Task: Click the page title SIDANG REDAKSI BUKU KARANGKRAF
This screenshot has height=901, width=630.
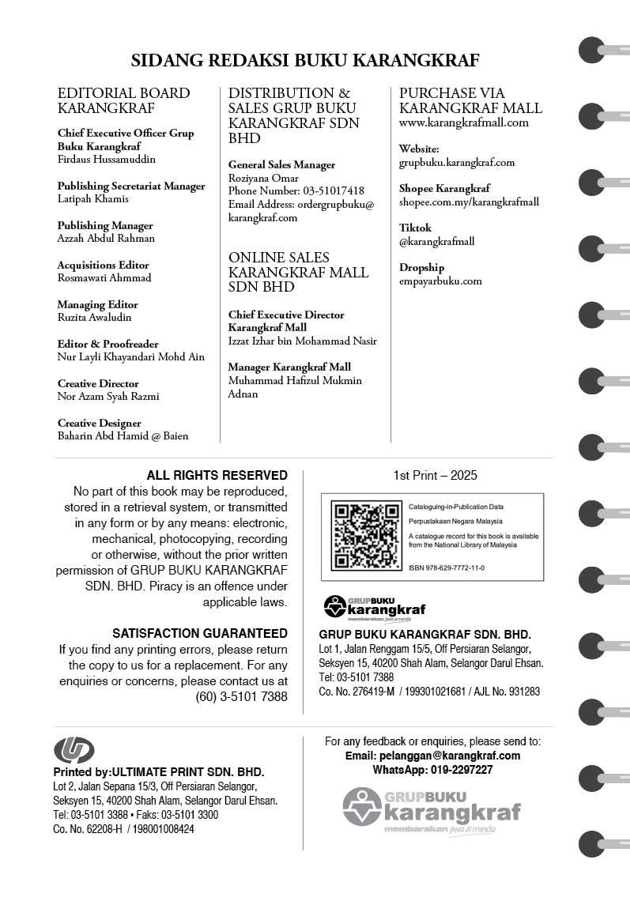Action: tap(304, 61)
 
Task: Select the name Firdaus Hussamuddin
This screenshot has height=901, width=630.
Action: tap(107, 159)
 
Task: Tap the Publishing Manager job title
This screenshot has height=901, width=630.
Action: tap(105, 225)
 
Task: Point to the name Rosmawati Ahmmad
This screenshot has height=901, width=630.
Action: tap(104, 277)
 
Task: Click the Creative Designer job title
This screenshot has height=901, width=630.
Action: tap(100, 423)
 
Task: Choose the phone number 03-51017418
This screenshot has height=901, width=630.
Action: tap(334, 191)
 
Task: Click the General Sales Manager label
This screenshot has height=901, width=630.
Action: tap(281, 164)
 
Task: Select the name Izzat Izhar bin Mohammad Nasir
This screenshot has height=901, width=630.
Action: tap(303, 341)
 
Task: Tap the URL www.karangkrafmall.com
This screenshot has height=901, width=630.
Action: tap(464, 123)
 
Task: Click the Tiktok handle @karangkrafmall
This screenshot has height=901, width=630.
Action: tap(436, 241)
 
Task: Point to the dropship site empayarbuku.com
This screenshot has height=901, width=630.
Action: tap(440, 281)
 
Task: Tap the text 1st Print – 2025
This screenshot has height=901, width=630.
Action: tap(435, 475)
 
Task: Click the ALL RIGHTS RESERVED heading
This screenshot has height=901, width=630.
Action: tap(217, 475)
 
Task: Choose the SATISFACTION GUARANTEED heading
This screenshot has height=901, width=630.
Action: tap(200, 633)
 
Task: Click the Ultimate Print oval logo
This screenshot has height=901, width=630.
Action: tap(74, 749)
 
